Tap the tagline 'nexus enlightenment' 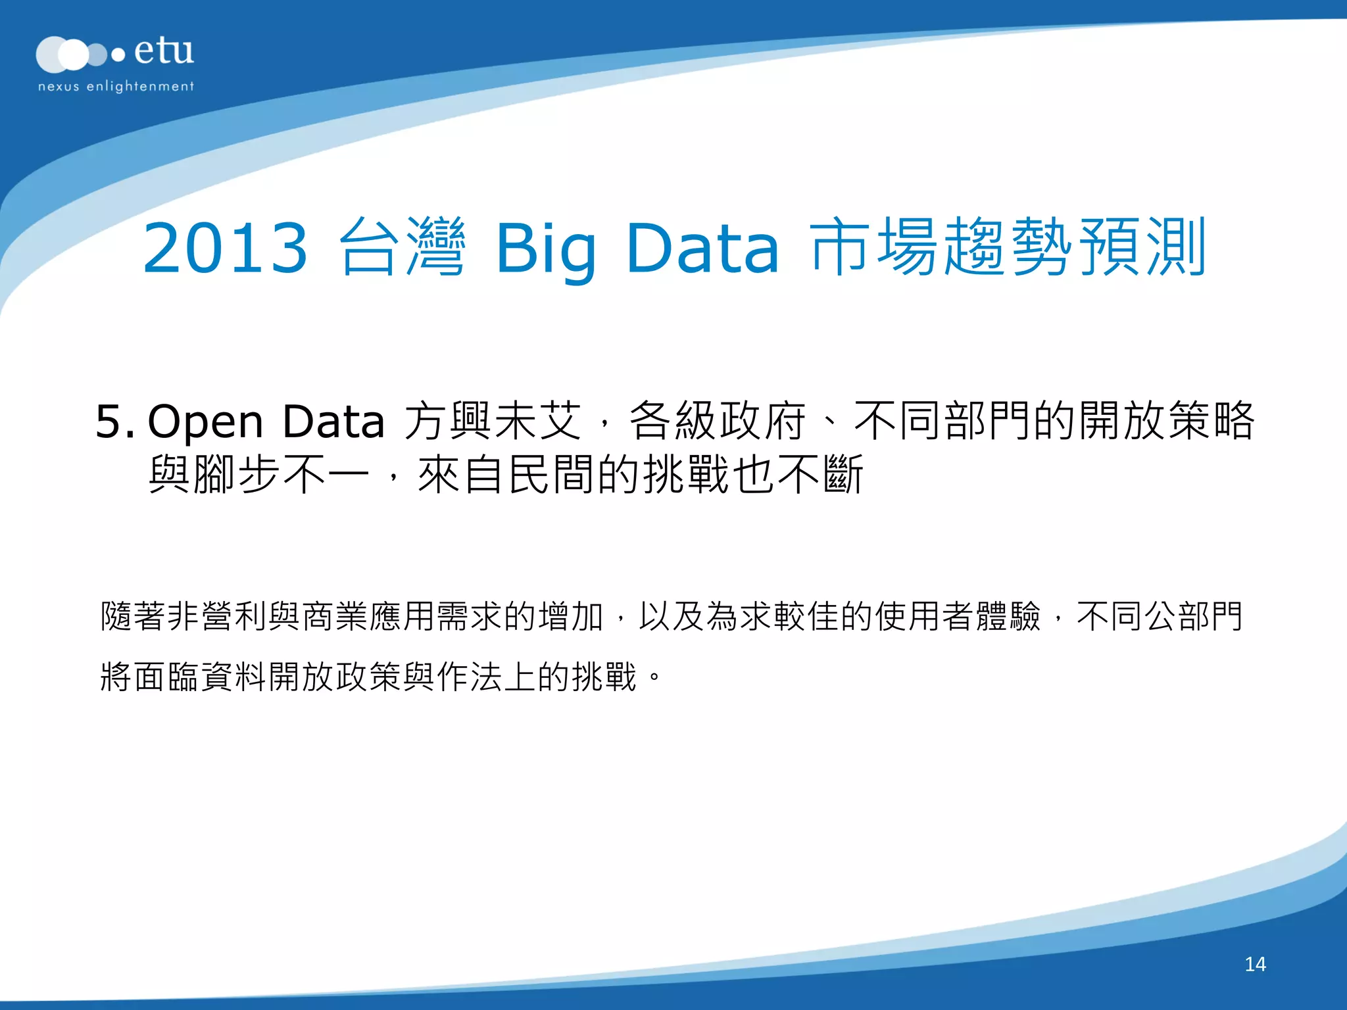116,86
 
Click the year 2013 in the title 225,248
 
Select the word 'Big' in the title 546,250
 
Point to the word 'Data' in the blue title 702,248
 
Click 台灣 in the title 403,247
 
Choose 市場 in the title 875,247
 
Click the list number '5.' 114,421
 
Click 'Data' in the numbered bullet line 333,421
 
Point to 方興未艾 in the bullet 493,421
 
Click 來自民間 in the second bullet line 508,475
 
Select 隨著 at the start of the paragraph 133,617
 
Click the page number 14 1255,964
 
